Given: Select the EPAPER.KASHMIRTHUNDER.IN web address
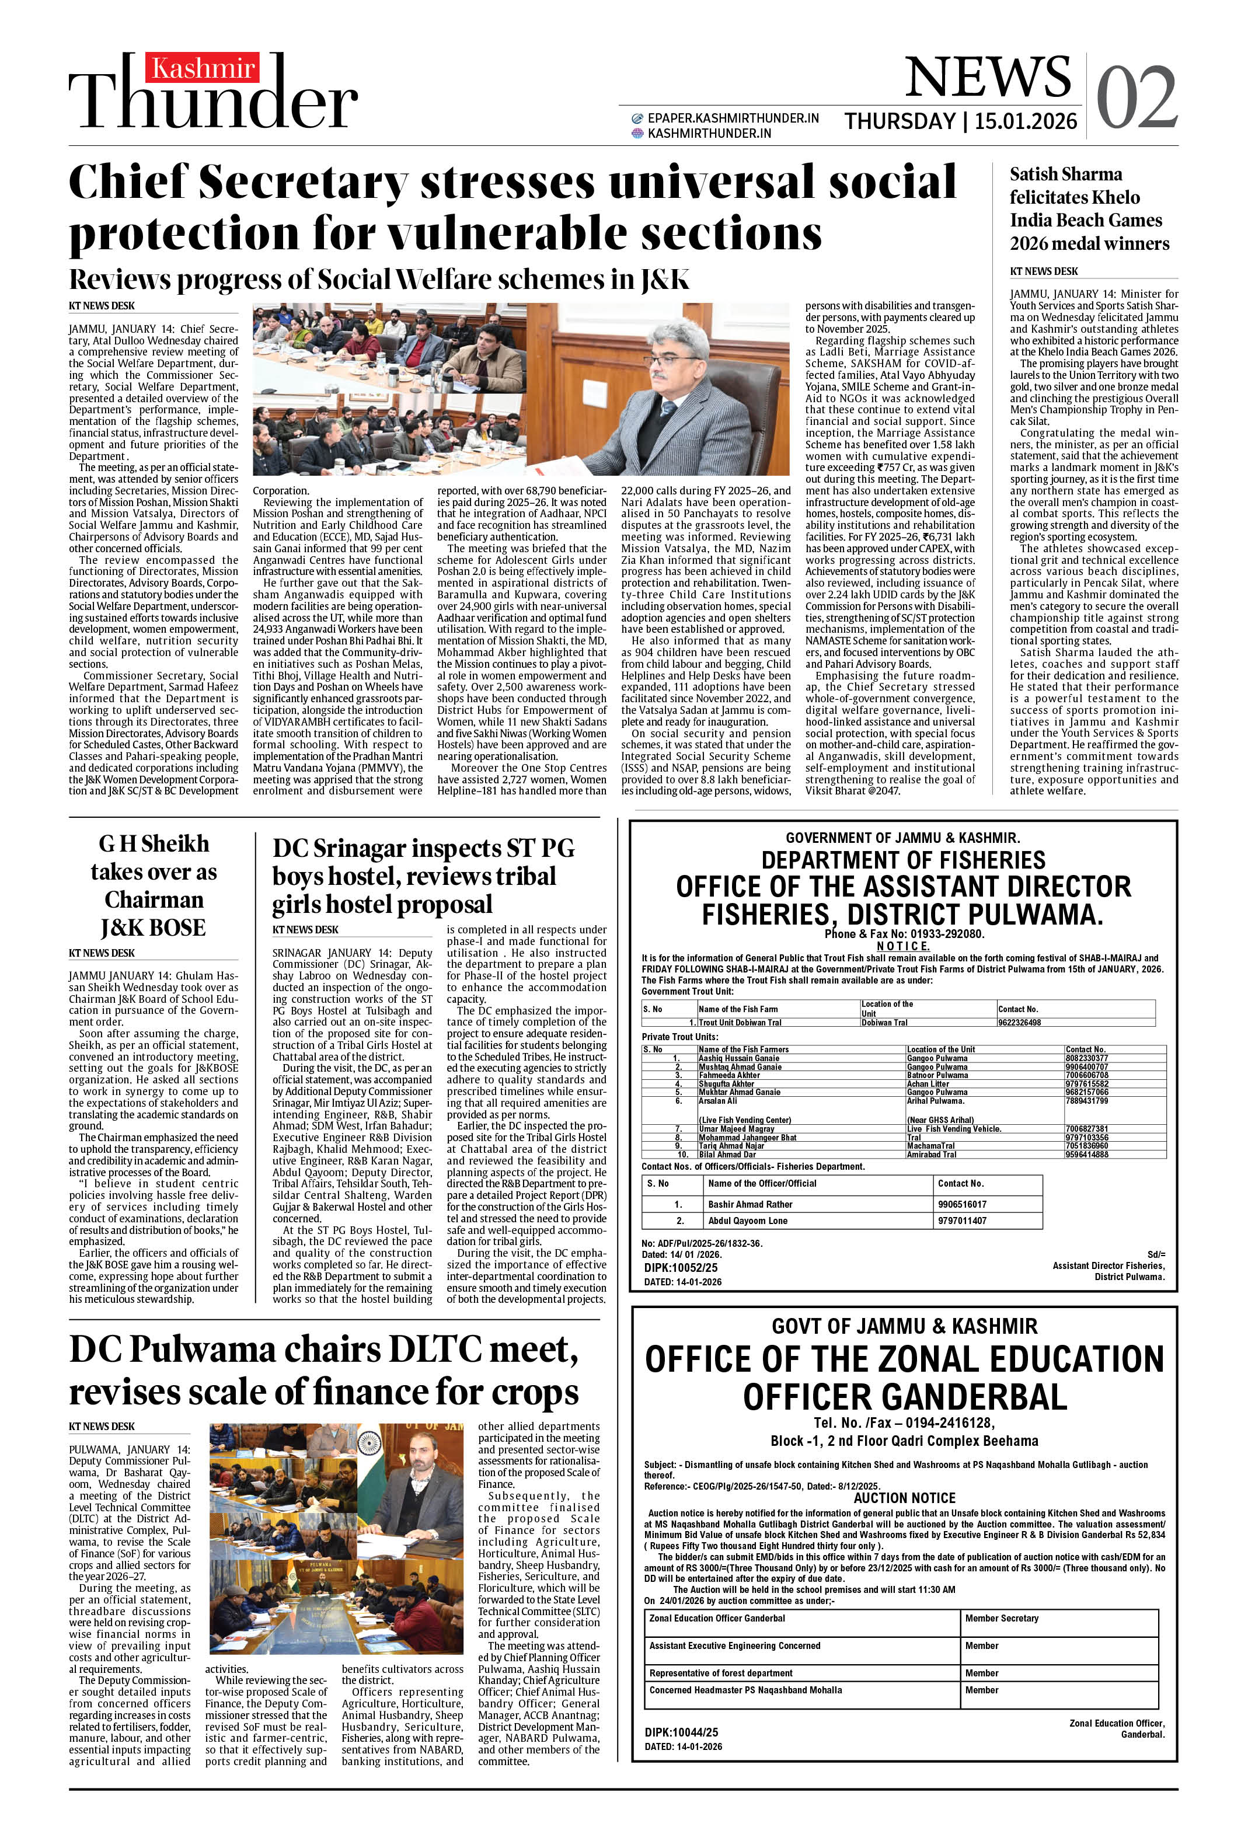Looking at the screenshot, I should [732, 118].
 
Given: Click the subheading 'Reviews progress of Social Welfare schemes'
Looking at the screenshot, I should [379, 279].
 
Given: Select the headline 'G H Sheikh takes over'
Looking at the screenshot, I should [154, 885].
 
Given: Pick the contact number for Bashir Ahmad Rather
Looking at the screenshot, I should [962, 1204].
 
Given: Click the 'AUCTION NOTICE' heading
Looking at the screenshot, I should [904, 1498].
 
